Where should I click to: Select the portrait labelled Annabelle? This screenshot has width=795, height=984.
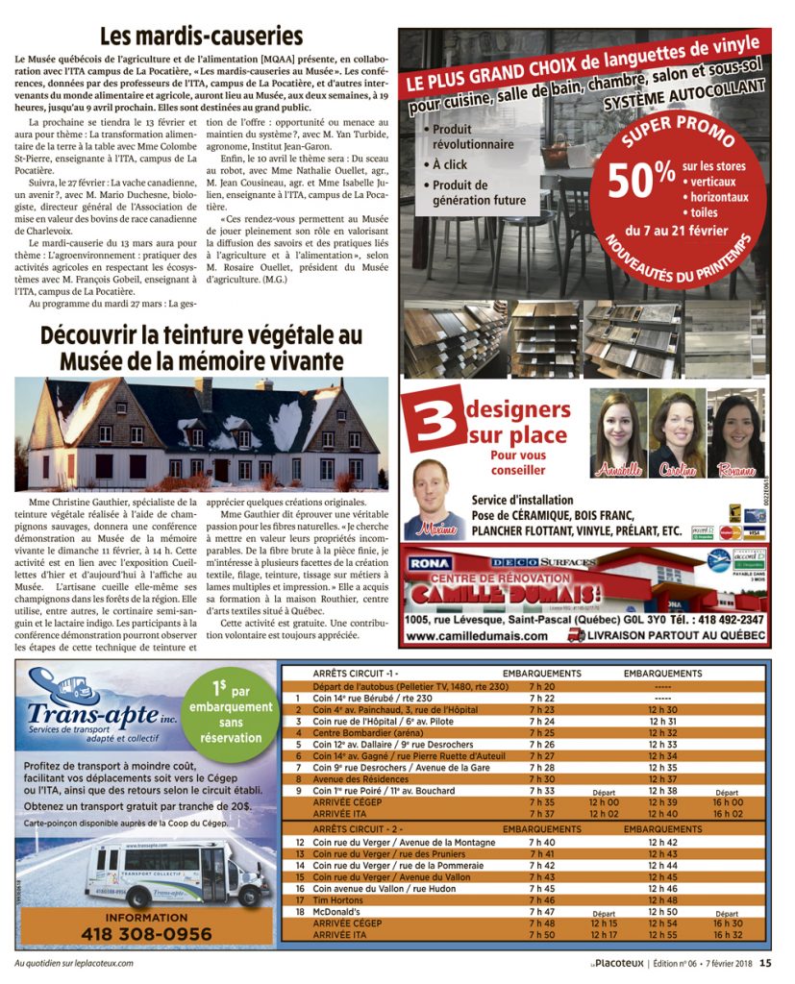(618, 432)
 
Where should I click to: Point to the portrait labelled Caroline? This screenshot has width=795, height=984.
(678, 432)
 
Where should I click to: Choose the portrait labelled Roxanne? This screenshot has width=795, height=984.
(736, 432)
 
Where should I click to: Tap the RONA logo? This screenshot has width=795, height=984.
(432, 563)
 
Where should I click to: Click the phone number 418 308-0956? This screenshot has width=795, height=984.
(146, 933)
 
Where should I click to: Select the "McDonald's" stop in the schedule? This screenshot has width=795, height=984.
(339, 911)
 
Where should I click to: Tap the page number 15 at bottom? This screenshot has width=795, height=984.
(765, 962)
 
